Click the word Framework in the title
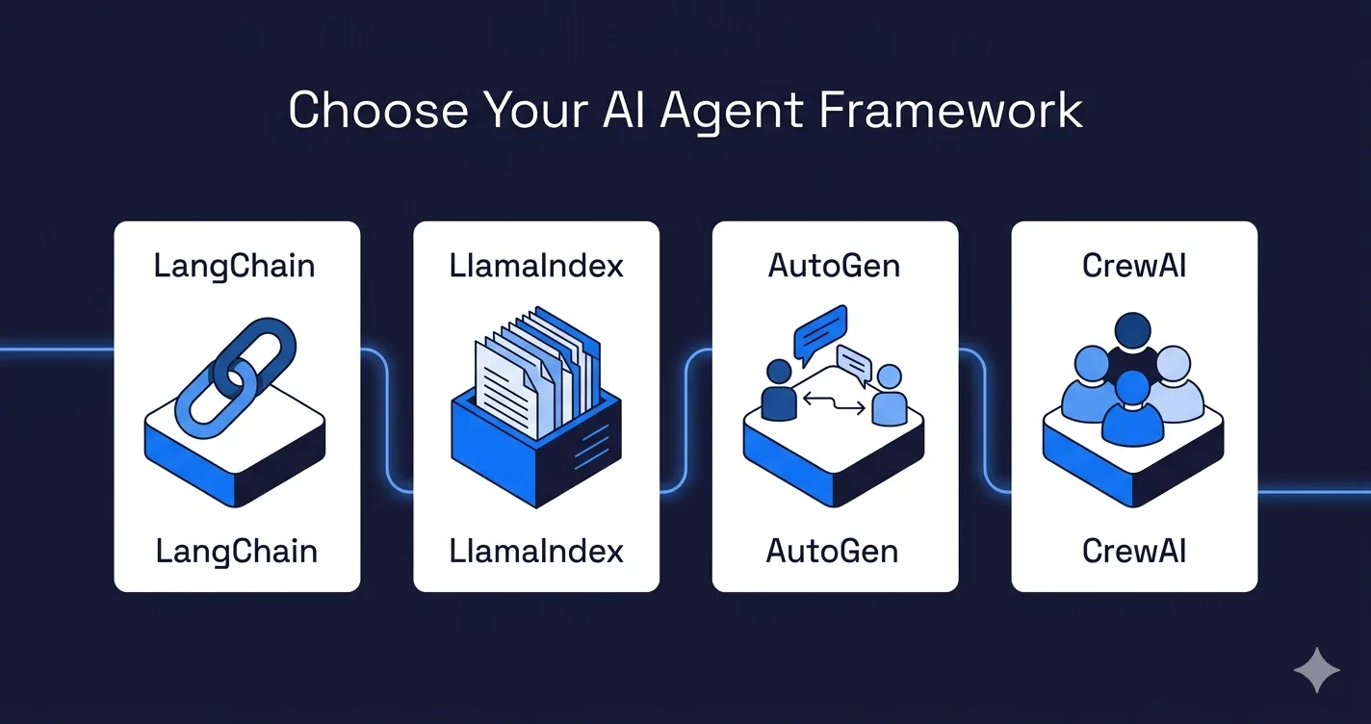950,110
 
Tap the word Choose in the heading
378,110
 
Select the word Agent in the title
732,113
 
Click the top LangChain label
234,267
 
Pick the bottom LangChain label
236,552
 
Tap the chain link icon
236,377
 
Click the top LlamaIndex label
536,266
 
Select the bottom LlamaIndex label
536,551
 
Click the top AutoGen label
834,266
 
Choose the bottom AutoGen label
833,551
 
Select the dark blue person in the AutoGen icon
779,389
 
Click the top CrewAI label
1134,266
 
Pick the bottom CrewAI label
1134,551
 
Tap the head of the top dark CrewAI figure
1133,331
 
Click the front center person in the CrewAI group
1132,407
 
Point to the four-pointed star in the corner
1317,670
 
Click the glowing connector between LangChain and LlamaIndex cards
387,420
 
